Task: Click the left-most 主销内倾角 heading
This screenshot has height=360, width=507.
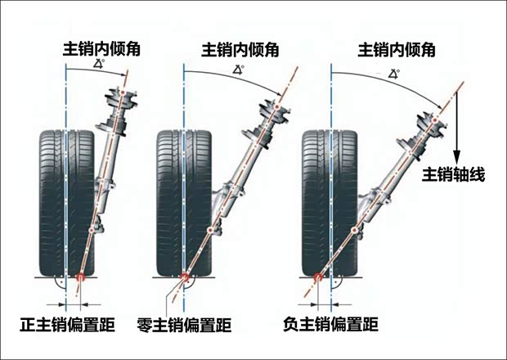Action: [101, 48]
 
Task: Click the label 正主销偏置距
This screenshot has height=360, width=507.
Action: [60, 326]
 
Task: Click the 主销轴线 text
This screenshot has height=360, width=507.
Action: [454, 174]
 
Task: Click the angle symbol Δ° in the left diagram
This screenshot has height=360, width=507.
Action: [99, 64]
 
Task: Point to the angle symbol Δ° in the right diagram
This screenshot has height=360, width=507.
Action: [393, 74]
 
